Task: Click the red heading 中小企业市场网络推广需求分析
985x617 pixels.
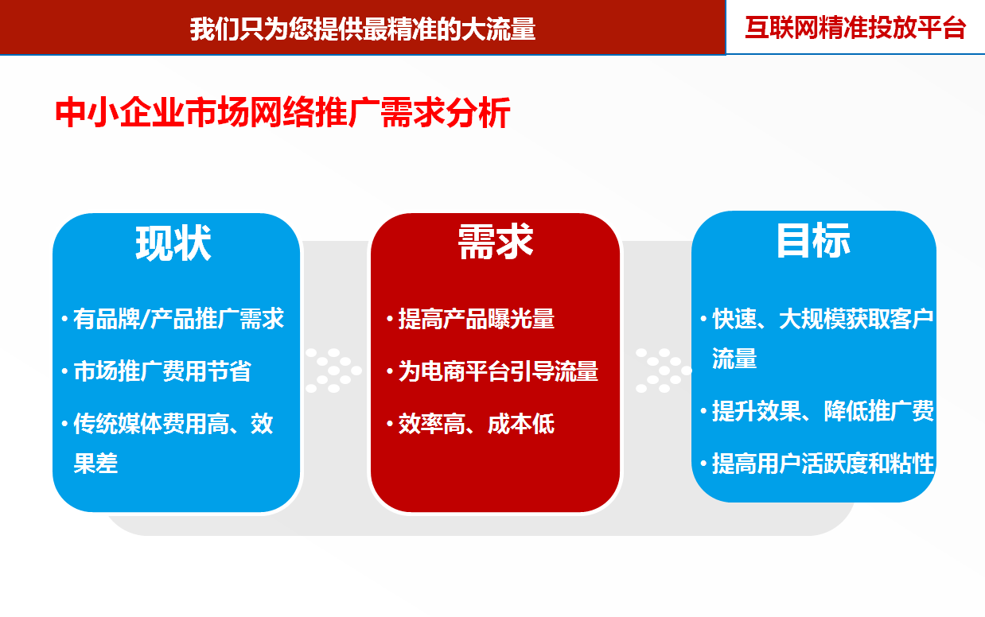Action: (282, 112)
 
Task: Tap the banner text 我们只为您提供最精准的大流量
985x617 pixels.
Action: (363, 29)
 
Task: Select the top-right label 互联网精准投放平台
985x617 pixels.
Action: (855, 28)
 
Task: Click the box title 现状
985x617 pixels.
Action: (173, 243)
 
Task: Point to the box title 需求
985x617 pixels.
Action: (496, 241)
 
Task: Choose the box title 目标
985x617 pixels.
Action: (813, 240)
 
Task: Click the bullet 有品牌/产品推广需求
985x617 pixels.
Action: (178, 319)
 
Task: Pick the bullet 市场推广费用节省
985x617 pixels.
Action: (162, 371)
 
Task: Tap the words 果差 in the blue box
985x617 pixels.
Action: (95, 464)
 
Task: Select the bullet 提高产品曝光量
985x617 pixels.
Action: (477, 319)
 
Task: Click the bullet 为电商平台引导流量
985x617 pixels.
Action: (498, 371)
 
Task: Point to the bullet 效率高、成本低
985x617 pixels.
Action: (477, 424)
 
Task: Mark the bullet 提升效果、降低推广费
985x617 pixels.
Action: (823, 411)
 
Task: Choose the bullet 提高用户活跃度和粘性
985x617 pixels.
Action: (823, 464)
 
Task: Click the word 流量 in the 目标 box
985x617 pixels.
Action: (734, 358)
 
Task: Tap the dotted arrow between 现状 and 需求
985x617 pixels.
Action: (333, 371)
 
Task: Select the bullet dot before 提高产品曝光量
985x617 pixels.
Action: (390, 319)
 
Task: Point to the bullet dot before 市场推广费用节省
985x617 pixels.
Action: (64, 371)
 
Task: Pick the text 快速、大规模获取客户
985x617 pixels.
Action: (823, 319)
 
